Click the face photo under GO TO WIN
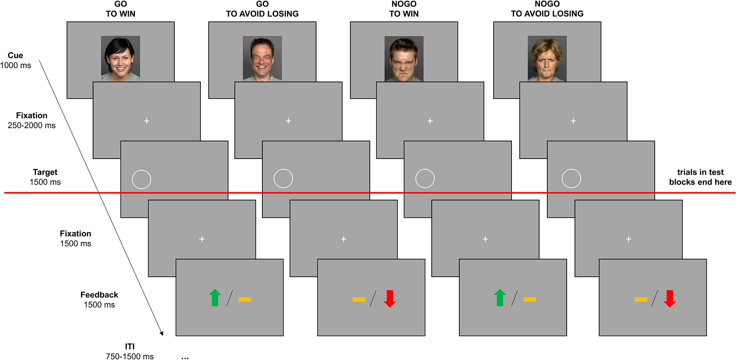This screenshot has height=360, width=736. pos(120,58)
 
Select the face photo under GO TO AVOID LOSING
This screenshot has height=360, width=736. pos(262,58)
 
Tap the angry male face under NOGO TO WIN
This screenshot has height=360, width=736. pos(404,59)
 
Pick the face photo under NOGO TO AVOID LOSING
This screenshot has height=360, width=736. pos(547,58)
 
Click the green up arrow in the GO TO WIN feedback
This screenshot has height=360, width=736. pos(215,298)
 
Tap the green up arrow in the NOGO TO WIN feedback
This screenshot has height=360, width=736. pos(500,298)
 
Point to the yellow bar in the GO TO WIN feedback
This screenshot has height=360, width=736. pos(245,300)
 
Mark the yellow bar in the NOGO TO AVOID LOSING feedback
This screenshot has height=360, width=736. pos(641,300)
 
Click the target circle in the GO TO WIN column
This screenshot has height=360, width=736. pos(141,179)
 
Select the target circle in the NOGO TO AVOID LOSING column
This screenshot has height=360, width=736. pos(571,179)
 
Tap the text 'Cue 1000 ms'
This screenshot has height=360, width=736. pos(15,60)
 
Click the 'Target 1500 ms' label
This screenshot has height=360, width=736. pos(45,177)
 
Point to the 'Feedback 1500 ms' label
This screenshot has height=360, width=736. pos(99,300)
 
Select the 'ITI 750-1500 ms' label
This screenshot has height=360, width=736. pos(130,351)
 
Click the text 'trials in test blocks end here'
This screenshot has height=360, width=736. pos(700,177)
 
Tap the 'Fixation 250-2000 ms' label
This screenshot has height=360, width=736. pos(32,120)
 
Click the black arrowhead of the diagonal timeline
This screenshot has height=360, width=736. pos(162,334)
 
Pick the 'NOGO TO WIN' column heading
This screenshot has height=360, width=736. pos(404,9)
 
